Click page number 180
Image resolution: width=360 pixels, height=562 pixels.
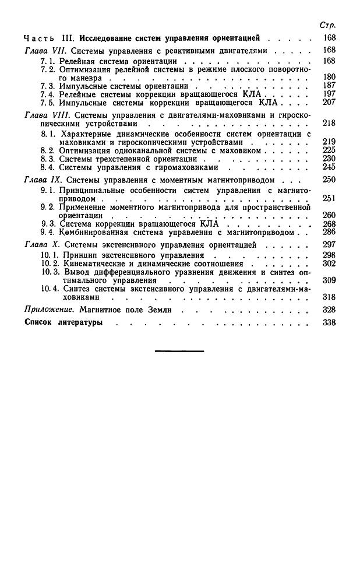pos(329,77)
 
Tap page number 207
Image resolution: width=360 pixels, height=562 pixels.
pos(329,102)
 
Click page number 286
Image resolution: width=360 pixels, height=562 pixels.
pos(329,232)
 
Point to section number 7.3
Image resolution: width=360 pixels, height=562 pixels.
pos(47,86)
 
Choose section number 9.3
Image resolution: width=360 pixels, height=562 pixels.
pos(47,224)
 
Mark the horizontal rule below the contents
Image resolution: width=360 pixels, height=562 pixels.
pos(180,351)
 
